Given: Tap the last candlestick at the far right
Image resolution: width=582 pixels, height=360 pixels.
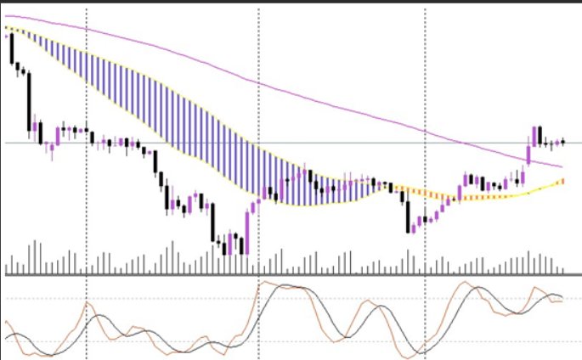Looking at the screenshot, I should point(562,142).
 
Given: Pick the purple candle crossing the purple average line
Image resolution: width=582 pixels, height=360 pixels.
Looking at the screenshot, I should point(528,152).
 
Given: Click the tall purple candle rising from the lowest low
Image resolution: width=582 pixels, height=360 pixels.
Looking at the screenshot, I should point(246,232).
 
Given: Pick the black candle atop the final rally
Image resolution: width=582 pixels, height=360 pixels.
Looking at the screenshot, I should point(540,135).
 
